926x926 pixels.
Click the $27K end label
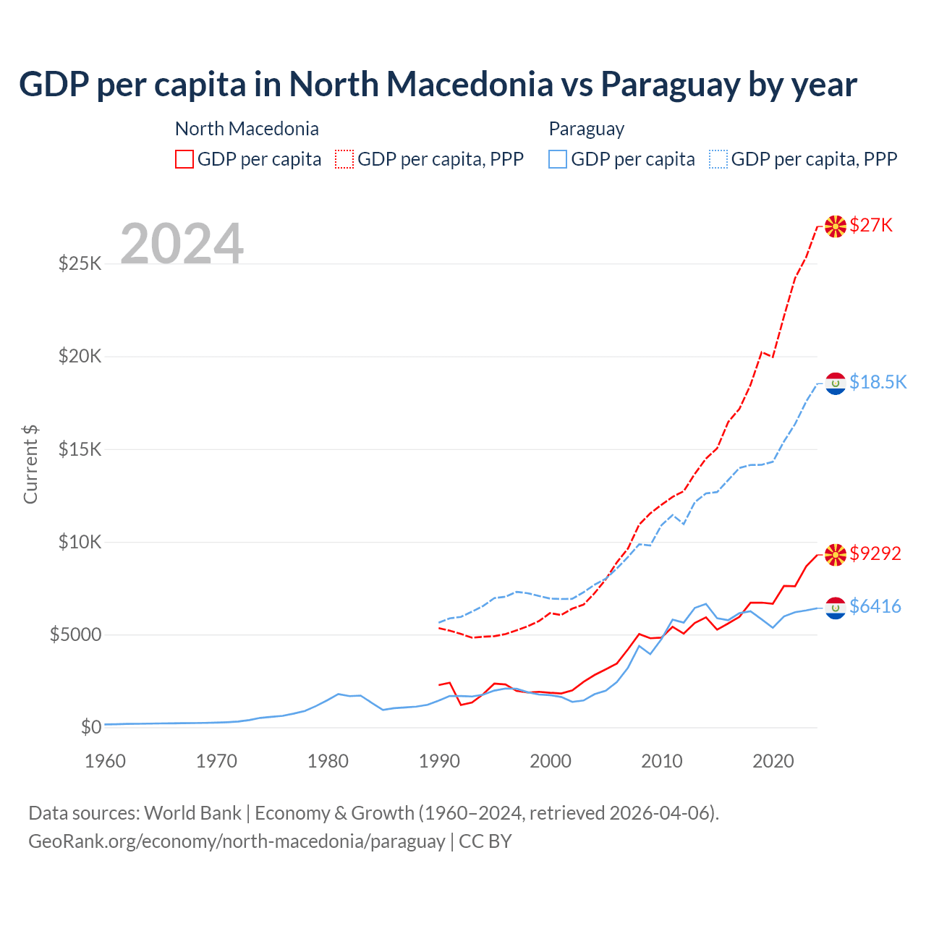pyautogui.click(x=871, y=226)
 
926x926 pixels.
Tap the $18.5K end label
pyautogui.click(x=878, y=382)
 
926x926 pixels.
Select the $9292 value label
pyautogui.click(x=875, y=553)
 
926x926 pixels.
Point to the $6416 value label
pyautogui.click(x=875, y=606)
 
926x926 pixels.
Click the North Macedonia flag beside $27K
pyautogui.click(x=836, y=226)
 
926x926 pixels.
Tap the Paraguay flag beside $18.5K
pyautogui.click(x=836, y=383)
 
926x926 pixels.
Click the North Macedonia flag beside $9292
pyautogui.click(x=836, y=554)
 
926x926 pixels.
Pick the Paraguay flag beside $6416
pyautogui.click(x=836, y=608)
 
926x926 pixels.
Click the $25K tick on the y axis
pyautogui.click(x=80, y=263)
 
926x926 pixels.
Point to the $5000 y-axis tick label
pyautogui.click(x=75, y=634)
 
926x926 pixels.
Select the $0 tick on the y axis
pyautogui.click(x=90, y=727)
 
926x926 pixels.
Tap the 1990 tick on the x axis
pyautogui.click(x=439, y=761)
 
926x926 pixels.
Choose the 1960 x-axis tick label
pyautogui.click(x=106, y=761)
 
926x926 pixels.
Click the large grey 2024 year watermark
pyautogui.click(x=182, y=244)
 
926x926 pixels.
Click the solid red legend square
pyautogui.click(x=184, y=159)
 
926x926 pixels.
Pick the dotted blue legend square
pyautogui.click(x=718, y=159)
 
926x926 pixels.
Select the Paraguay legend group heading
pyautogui.click(x=586, y=129)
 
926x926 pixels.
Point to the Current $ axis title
pyautogui.click(x=30, y=464)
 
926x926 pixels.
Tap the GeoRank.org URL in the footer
pyautogui.click(x=237, y=841)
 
